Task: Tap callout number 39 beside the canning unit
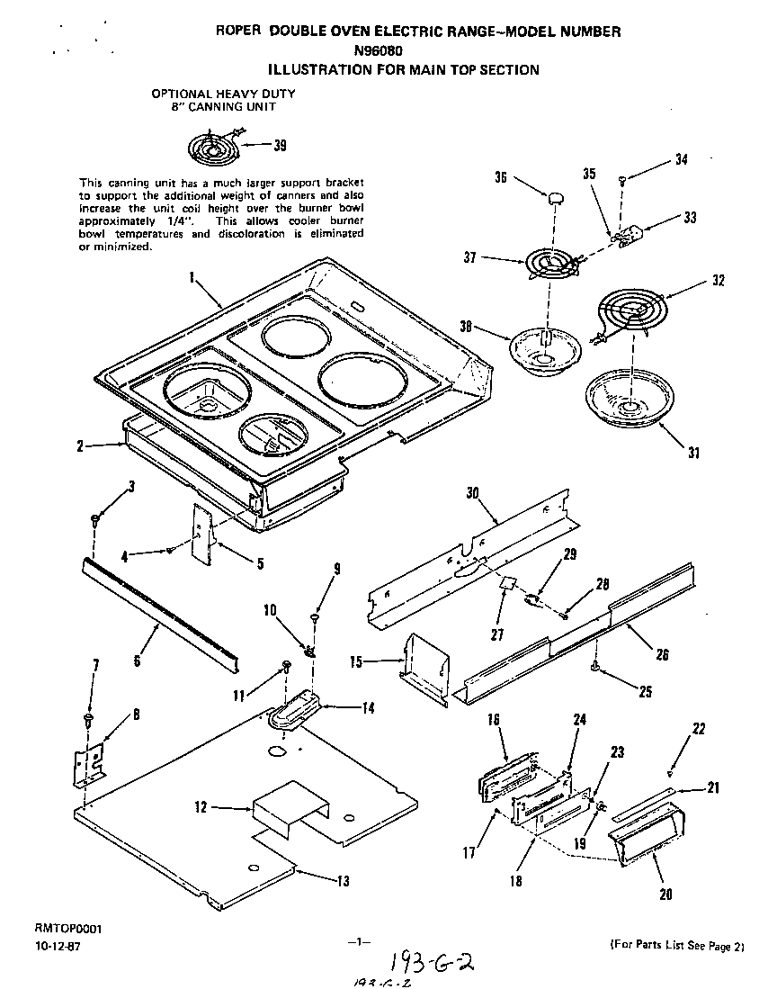[281, 147]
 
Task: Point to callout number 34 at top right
[681, 161]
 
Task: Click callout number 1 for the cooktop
[192, 279]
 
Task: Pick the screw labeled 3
[94, 520]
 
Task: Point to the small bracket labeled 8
[90, 760]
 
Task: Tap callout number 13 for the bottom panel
[343, 882]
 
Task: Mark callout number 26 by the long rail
[662, 655]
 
